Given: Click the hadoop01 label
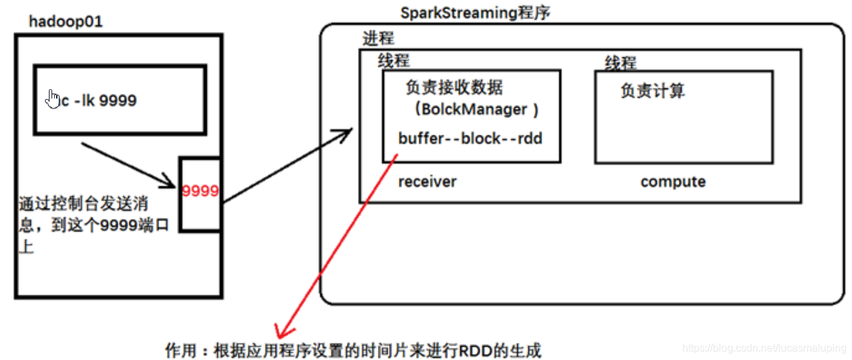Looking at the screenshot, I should (65, 21).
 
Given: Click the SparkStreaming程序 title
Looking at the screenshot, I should (475, 13).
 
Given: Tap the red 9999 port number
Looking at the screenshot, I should (200, 192).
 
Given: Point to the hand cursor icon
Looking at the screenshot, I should (53, 98).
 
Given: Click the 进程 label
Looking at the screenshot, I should (378, 38).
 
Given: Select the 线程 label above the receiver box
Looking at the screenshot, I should (394, 61).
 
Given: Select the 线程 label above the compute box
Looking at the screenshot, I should (620, 63).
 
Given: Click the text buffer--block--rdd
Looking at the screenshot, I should (470, 139).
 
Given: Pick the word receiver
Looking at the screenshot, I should (427, 182).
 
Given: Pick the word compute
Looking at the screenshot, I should (672, 182).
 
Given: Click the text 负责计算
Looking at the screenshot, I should (653, 90).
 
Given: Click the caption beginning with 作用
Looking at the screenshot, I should (353, 349).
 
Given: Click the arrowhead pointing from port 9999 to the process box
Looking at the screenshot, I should (343, 135).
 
